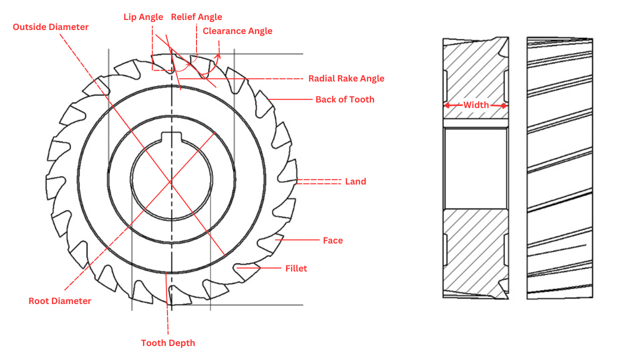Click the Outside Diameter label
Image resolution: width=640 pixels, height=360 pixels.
point(50,27)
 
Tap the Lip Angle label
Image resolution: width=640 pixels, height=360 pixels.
point(143,17)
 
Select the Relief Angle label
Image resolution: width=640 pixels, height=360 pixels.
point(196,17)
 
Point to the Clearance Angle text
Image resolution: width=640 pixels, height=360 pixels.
point(237,31)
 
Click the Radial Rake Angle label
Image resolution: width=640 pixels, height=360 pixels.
point(346,78)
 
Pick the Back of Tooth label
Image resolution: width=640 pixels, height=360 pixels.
point(344,99)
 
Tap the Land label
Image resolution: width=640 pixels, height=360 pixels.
point(355,181)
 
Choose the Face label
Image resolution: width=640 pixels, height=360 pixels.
point(332,240)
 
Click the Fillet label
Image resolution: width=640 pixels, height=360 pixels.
point(296,268)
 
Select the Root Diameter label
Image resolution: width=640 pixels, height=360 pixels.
point(60,301)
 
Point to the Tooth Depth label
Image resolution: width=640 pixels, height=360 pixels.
point(168,343)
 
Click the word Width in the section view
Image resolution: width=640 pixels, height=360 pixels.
point(476,105)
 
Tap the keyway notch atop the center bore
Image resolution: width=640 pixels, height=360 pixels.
point(171,136)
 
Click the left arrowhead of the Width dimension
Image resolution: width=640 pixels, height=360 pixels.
point(447,105)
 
